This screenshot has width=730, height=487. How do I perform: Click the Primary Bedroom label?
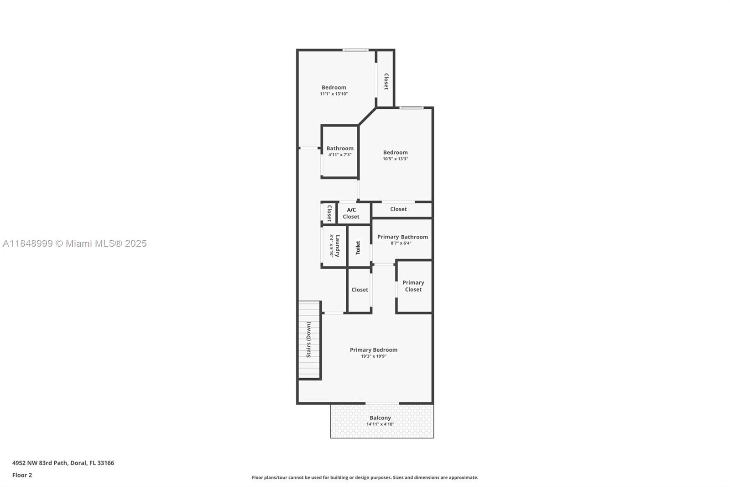click(373, 349)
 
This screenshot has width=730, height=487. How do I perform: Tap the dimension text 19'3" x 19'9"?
click(373, 356)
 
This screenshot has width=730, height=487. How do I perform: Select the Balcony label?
click(380, 418)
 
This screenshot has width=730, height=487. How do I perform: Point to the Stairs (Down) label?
click(309, 339)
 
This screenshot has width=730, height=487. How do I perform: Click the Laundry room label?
click(338, 246)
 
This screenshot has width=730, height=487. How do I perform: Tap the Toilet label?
click(358, 248)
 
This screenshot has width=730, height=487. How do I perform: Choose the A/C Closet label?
click(351, 213)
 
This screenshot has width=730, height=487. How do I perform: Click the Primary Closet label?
click(413, 286)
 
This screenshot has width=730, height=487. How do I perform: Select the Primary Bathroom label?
click(402, 237)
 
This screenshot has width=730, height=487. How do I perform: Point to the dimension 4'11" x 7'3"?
click(340, 155)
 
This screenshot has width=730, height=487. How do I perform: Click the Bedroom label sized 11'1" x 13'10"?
click(334, 87)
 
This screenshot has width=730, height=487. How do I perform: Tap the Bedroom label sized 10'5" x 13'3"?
click(395, 153)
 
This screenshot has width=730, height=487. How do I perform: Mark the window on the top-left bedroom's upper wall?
click(355, 50)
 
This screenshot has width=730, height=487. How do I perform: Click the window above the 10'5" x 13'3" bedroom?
click(411, 108)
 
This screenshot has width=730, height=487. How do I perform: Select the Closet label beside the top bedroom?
click(386, 81)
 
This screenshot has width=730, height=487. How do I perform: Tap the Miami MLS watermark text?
click(75, 243)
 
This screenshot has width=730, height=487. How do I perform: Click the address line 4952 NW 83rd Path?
click(63, 463)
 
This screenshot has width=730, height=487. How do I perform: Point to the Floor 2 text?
click(22, 475)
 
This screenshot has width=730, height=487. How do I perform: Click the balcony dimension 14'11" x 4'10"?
click(380, 424)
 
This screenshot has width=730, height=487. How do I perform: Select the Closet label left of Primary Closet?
click(360, 290)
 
